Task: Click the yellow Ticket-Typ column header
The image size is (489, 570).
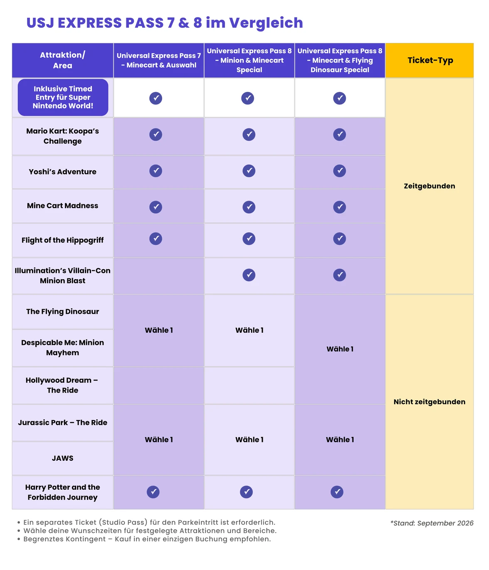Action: (430, 60)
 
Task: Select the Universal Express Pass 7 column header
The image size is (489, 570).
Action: (159, 60)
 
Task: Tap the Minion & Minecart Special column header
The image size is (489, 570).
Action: (249, 60)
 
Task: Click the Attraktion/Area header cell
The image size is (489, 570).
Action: (63, 60)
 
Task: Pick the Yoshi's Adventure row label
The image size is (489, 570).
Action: (63, 172)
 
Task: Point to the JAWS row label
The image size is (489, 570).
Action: (63, 458)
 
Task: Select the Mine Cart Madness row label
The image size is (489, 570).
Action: (63, 206)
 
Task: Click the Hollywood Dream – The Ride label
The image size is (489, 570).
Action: (62, 385)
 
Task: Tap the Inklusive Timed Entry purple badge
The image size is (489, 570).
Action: (63, 97)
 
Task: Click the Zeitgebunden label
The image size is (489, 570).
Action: (430, 186)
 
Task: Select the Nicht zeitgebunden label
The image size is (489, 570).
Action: (430, 401)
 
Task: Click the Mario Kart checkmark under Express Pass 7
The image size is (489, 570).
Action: (156, 134)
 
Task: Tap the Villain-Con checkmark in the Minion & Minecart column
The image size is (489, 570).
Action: (249, 275)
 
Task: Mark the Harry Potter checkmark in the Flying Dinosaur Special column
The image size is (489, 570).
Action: (337, 491)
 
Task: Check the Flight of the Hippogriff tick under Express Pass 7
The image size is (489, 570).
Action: (156, 238)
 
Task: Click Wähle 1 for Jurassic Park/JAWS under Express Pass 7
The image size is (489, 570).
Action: (159, 440)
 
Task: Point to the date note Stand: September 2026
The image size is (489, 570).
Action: (432, 523)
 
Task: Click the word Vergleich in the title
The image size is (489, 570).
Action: (266, 23)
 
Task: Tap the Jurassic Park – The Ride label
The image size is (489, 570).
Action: (63, 423)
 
